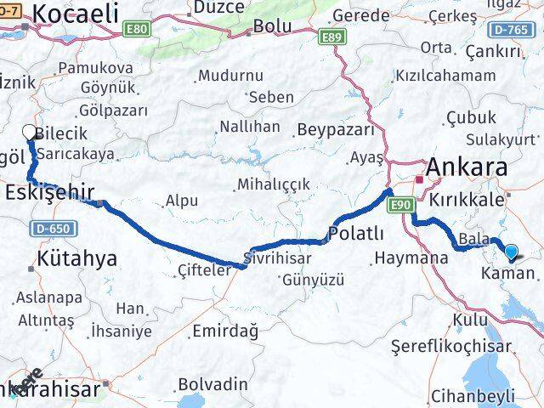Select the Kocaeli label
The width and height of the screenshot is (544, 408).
tap(76, 14)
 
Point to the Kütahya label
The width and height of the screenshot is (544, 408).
tap(77, 259)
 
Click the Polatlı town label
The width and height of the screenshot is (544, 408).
tap(356, 234)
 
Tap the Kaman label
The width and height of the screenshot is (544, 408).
tap(508, 274)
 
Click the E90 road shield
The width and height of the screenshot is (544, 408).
tap(403, 205)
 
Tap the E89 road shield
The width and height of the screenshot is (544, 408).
tap(331, 37)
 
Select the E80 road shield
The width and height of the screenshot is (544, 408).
tap(138, 30)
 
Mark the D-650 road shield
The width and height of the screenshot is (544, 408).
tap(52, 228)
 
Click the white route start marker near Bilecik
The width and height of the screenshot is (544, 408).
tap(29, 132)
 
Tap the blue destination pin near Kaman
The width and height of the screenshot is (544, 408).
tap(511, 251)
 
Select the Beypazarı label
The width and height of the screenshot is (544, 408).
tap(336, 130)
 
